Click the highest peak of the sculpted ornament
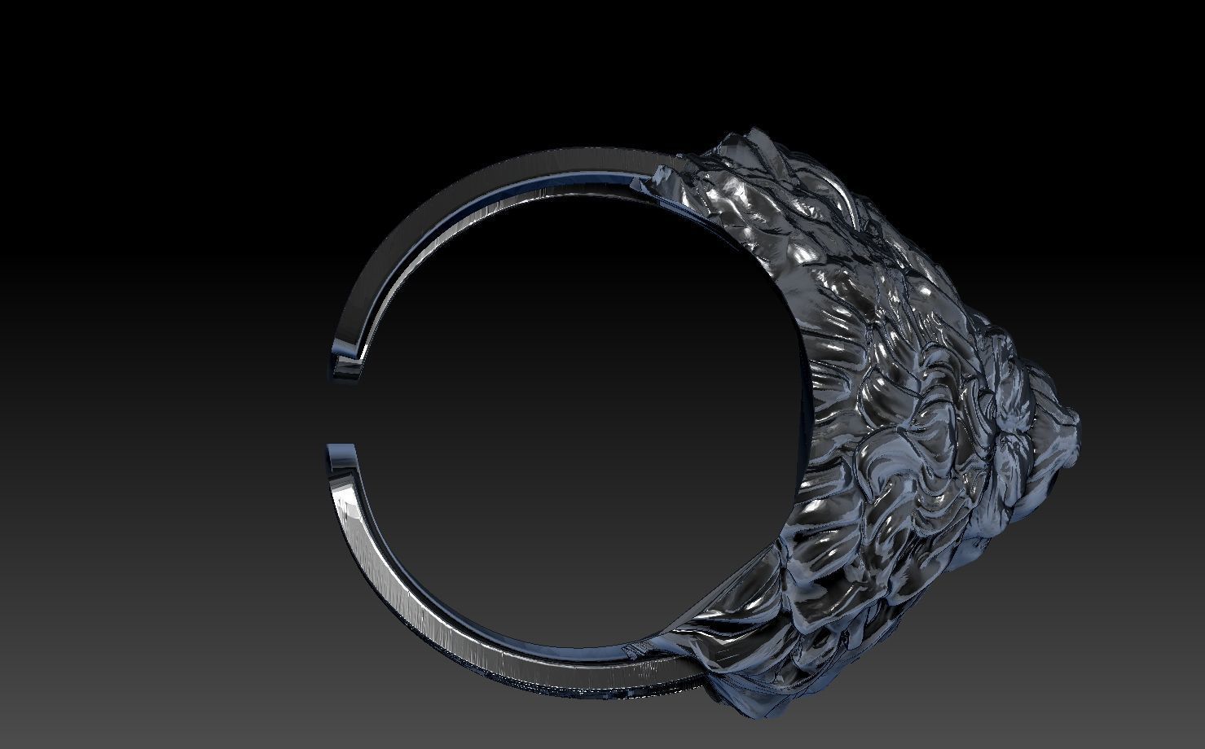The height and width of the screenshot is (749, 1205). click(754, 130)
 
